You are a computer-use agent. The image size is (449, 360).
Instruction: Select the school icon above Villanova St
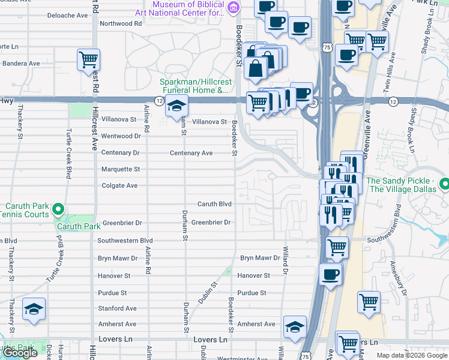click(x=176, y=106)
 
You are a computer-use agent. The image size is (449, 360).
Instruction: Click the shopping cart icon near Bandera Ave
click(x=88, y=59)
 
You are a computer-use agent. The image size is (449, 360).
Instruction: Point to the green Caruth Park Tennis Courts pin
click(x=58, y=209)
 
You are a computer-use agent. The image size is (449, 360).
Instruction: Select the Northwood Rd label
click(x=120, y=23)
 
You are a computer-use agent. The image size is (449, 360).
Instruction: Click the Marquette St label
click(x=120, y=169)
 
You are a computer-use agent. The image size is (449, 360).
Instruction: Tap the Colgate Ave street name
click(x=119, y=185)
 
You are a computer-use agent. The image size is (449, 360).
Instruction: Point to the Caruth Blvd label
click(x=214, y=204)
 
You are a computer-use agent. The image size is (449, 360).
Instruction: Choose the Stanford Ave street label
click(x=118, y=308)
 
